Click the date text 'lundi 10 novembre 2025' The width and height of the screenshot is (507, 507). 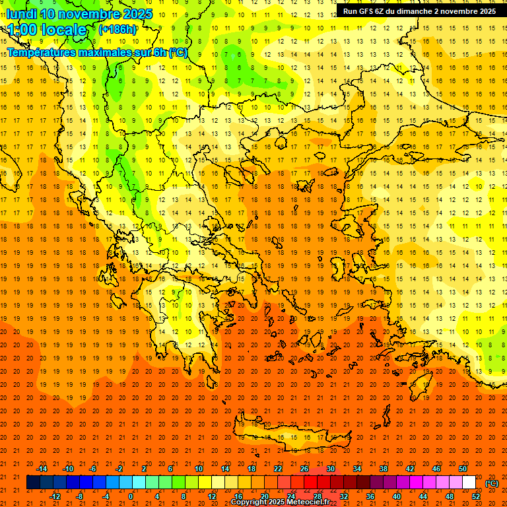coord(79,14)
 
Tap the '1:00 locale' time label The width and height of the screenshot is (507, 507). coord(47,30)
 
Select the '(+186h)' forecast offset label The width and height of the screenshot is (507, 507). coord(118,30)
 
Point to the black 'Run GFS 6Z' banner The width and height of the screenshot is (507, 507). coord(420,11)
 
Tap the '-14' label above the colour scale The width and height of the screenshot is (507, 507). coord(42,469)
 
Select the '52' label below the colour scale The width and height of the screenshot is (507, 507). coord(476,496)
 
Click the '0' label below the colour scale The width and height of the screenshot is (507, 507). coord(131,496)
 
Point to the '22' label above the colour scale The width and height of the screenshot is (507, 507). coord(278,469)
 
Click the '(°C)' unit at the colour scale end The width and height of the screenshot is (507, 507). coord(492,483)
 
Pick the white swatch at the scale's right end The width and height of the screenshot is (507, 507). coord(469,483)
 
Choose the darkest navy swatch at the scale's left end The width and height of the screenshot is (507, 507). coord(34,483)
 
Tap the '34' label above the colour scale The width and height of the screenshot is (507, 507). coord(357,469)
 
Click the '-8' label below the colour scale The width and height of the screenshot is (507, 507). coord(80,496)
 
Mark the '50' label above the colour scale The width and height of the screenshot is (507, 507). coord(462,469)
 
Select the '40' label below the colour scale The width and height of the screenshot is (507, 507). coord(397,496)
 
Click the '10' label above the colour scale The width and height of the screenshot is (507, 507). coord(199,469)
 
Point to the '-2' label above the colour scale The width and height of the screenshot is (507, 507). coord(119,469)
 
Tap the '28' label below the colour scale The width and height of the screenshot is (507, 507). coord(318,496)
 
